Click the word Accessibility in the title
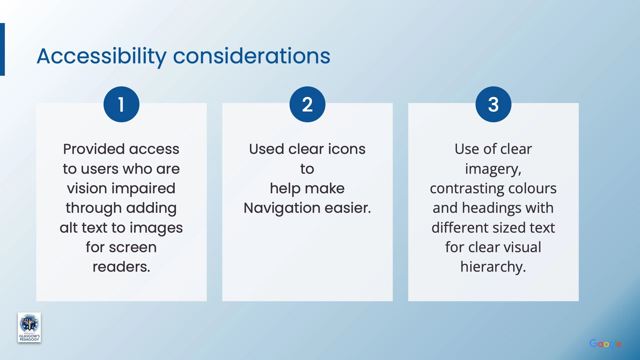point(102,57)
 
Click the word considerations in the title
point(252,56)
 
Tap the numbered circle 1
point(121,104)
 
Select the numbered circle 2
point(307,104)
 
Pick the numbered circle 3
point(493,104)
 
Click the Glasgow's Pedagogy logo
point(29,327)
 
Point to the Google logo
point(605,344)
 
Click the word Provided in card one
point(93,149)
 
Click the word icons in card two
point(347,149)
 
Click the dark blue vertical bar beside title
point(2,49)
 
